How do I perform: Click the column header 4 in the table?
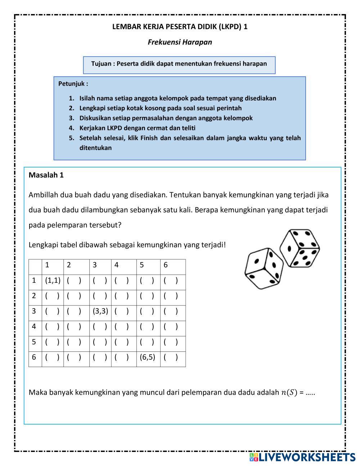117,265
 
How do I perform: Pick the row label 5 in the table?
34,342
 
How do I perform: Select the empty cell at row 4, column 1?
52,327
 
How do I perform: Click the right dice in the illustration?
300,248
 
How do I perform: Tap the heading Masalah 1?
46,175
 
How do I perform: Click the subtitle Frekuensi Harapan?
180,42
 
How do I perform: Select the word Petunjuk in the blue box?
72,84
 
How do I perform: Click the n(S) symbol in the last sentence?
289,393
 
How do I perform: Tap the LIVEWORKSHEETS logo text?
306,457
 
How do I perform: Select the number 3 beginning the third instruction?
71,118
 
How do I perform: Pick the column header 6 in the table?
166,265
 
